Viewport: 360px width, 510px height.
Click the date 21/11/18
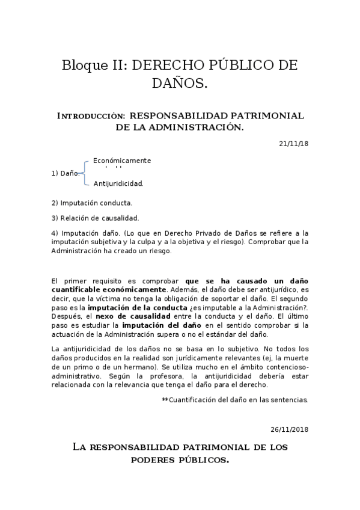coord(293,143)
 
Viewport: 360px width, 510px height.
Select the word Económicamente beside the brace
coord(122,161)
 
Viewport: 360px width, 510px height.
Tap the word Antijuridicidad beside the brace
coord(118,183)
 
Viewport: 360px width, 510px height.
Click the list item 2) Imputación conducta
coord(92,203)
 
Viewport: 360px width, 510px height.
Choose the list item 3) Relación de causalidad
coord(95,218)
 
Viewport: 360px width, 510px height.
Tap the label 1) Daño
coord(66,173)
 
